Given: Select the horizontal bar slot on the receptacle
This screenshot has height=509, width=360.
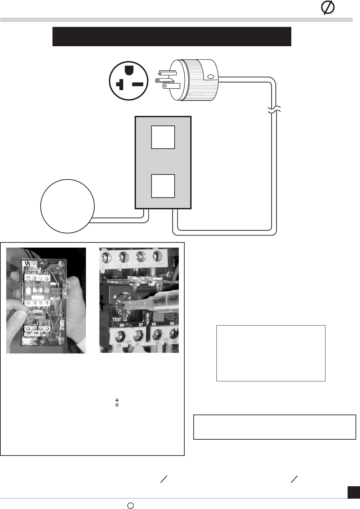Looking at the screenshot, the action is click(x=138, y=84).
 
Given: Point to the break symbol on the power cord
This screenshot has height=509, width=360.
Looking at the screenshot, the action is click(x=274, y=110).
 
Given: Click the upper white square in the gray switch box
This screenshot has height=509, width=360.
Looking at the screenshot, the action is click(x=163, y=137).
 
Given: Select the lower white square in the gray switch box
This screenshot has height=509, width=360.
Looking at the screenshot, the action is click(x=163, y=186).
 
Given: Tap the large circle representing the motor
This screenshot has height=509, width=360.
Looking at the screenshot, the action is click(x=67, y=206).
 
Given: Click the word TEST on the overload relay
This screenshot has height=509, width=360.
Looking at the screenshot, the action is click(x=116, y=320).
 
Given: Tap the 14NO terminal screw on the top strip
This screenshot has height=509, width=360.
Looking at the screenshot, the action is click(x=157, y=256).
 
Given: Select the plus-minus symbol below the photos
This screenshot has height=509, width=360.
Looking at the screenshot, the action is click(x=117, y=402).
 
